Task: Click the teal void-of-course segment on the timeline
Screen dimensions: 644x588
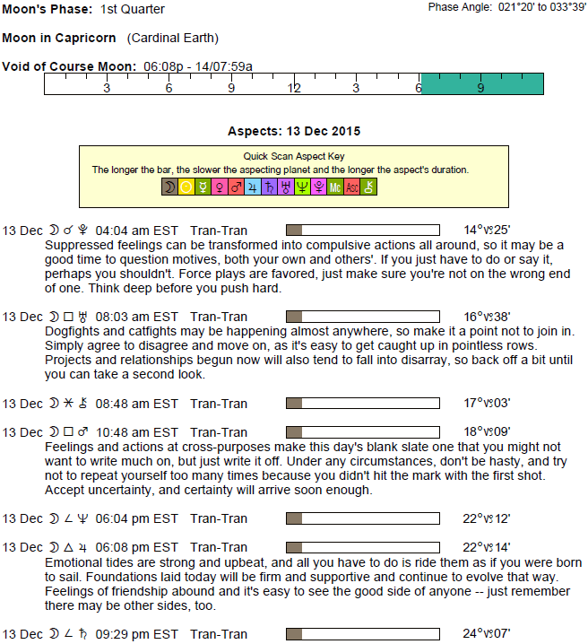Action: click(481, 83)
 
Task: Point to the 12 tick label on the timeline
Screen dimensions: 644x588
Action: click(294, 88)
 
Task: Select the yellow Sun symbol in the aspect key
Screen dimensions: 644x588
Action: click(186, 187)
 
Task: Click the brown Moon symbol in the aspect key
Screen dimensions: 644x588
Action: click(169, 187)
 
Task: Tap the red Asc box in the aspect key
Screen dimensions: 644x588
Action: click(352, 187)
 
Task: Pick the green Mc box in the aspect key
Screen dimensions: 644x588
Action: click(335, 187)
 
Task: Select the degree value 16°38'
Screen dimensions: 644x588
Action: click(488, 317)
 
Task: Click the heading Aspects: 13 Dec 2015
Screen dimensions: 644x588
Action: click(294, 131)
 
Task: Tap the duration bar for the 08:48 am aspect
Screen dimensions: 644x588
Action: click(362, 404)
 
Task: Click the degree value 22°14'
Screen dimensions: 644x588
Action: click(488, 547)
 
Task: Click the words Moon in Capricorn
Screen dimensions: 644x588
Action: click(60, 39)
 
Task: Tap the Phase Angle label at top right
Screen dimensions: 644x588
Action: click(458, 7)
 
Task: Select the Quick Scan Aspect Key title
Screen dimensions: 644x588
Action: click(293, 156)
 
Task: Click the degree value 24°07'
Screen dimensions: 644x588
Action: click(488, 634)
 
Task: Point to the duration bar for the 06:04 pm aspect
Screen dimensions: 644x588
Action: click(362, 518)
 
